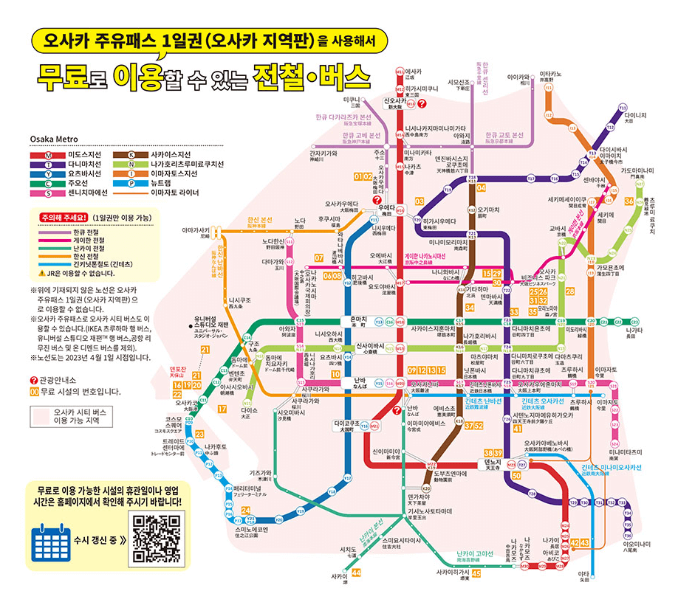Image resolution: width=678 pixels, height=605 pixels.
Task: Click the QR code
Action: pos(154,542)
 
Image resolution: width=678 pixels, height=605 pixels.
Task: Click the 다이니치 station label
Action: pos(634,117)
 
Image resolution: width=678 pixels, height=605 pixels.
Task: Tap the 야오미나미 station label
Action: pos(635,546)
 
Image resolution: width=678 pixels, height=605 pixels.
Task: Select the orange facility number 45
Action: pos(476,573)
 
